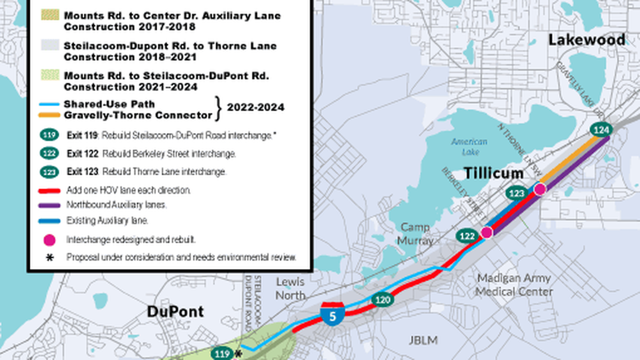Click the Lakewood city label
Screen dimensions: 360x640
point(586,40)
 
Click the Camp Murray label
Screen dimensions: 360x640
point(416,234)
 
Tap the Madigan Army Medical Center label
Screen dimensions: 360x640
point(514,285)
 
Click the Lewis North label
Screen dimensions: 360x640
point(290,288)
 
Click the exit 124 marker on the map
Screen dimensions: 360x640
point(601,130)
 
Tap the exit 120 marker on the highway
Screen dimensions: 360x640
point(382,300)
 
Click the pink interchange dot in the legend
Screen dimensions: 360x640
point(50,240)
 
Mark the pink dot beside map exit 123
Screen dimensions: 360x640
point(540,189)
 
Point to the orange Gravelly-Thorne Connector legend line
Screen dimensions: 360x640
point(50,116)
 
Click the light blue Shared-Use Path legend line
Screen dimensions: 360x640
point(50,104)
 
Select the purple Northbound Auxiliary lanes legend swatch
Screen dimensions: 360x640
point(50,206)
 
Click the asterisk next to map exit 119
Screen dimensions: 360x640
point(237,354)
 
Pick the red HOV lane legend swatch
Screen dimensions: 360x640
point(50,191)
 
